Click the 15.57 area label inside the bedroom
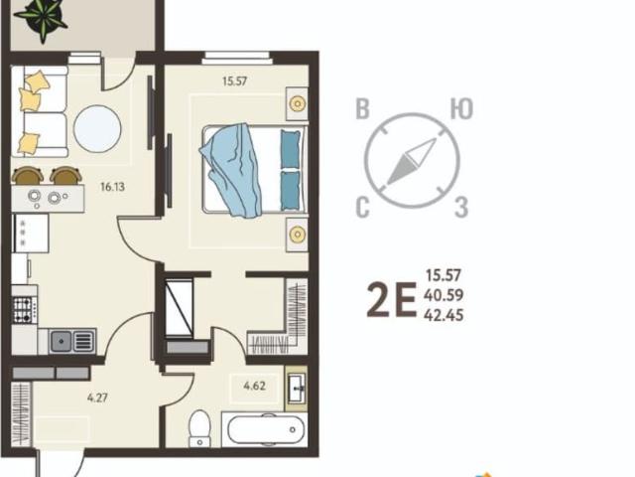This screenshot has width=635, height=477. pyautogui.click(x=234, y=81)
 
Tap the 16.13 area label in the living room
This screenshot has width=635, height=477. pyautogui.click(x=112, y=187)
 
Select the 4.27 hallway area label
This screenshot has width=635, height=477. pyautogui.click(x=97, y=397)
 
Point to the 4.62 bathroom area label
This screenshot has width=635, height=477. pyautogui.click(x=255, y=386)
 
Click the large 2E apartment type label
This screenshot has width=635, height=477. pyautogui.click(x=391, y=300)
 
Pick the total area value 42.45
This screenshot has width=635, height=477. pyautogui.click(x=444, y=315)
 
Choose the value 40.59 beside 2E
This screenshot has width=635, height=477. pyautogui.click(x=444, y=295)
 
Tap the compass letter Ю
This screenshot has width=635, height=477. pyautogui.click(x=461, y=108)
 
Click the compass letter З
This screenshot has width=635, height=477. pyautogui.click(x=461, y=207)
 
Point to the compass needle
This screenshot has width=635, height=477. pyautogui.click(x=412, y=162)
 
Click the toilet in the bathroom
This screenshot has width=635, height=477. pyautogui.click(x=199, y=428)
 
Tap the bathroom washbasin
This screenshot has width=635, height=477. pyautogui.click(x=297, y=389)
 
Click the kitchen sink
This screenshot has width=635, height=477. pyautogui.click(x=72, y=341)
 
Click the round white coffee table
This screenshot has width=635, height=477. pyautogui.click(x=97, y=129)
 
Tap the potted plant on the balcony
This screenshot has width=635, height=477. pyautogui.click(x=42, y=17)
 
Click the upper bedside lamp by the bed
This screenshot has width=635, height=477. pyautogui.click(x=298, y=103)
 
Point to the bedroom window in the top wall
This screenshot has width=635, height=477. pyautogui.click(x=237, y=58)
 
